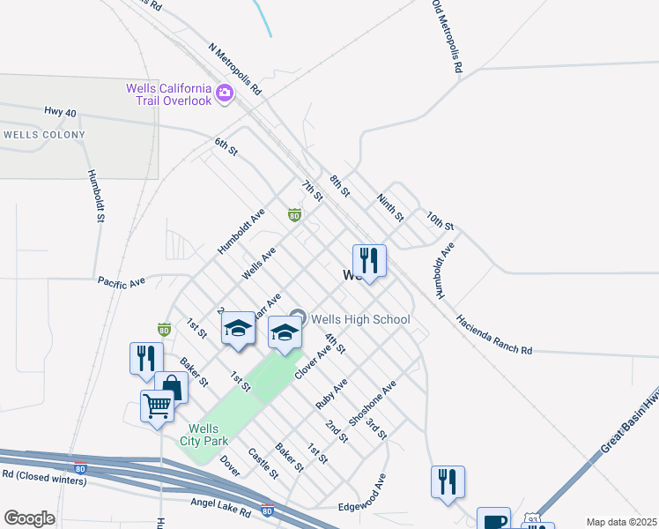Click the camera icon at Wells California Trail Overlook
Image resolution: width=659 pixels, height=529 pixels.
pos(224,92)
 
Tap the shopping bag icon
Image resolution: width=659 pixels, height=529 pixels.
pos(171,388)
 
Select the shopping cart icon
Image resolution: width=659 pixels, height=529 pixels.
pos(157,406)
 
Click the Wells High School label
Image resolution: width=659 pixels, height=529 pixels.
pos(359,319)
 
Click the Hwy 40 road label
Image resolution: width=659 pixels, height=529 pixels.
pos(60,112)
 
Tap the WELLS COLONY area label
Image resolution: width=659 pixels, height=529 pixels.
pos(44,135)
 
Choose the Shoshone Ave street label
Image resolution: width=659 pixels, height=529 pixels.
pos(373,404)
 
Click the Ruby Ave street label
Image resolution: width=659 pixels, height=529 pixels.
pos(332,393)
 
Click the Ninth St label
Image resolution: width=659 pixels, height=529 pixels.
pos(390,208)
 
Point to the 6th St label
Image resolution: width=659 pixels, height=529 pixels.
pos(226,146)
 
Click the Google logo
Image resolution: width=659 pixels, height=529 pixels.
pos(29,518)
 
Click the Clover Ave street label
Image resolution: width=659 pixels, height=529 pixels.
pos(312,362)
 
